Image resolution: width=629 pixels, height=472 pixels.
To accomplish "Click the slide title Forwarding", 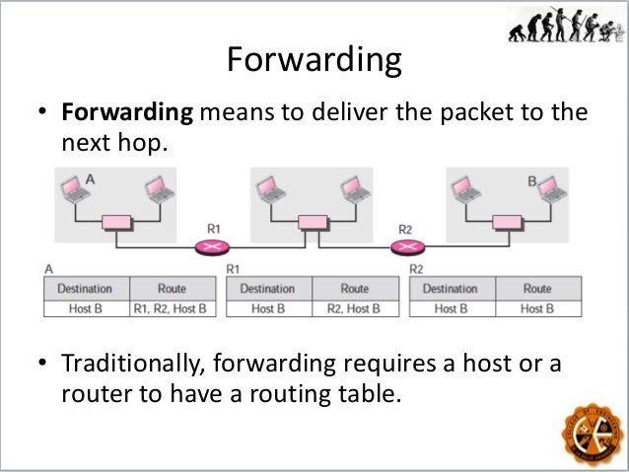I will [314, 61].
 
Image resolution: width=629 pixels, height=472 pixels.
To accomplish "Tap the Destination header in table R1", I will [268, 289].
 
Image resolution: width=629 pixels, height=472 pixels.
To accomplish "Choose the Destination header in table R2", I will [451, 289].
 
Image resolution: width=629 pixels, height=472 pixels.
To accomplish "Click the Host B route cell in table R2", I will [537, 308].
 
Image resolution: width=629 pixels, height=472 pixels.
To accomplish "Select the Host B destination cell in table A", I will [85, 308].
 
